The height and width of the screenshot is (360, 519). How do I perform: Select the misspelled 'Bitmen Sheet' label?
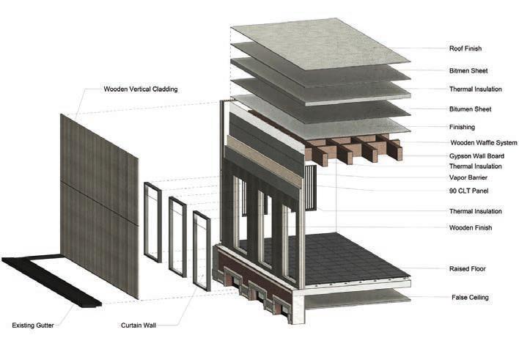point(468,71)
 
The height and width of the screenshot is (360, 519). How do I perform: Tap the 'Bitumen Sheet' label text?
point(471,109)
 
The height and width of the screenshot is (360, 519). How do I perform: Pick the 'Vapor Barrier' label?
point(469,178)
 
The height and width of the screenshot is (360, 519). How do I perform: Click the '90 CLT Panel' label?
point(468,191)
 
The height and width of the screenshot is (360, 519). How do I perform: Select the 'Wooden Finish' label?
point(471,228)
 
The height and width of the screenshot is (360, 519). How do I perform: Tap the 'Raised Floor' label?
point(467,269)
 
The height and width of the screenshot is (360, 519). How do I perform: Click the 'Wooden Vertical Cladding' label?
point(141,89)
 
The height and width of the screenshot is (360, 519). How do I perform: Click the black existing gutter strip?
point(51,279)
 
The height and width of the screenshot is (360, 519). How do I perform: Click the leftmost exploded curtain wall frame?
point(152,222)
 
